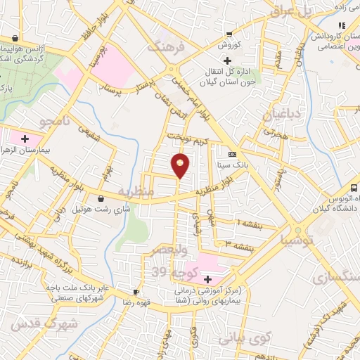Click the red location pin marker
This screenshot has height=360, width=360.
click(181, 165)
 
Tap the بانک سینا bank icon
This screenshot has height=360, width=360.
click(233, 155)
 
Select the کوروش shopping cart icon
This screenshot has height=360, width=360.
click(229, 34)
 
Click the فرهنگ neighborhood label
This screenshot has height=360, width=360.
click(164, 48)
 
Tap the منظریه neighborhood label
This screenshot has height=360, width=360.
click(135, 191)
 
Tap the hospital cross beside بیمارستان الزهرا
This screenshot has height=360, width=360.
click(25, 138)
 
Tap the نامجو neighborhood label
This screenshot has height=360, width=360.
click(57, 122)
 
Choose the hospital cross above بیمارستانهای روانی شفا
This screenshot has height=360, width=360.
click(207, 279)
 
